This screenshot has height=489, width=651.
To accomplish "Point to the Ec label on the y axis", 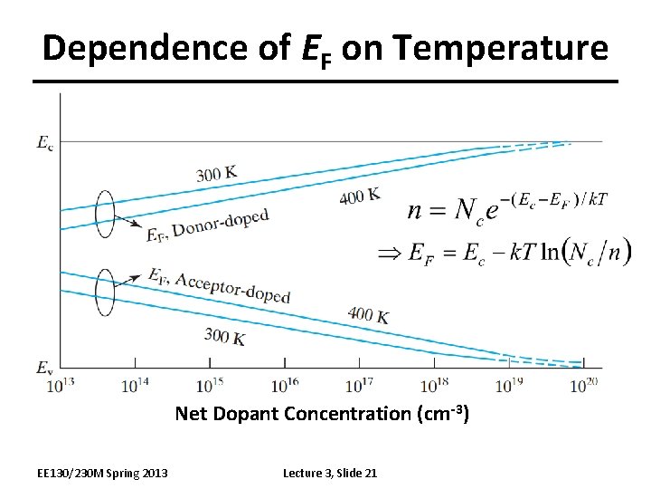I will click(44, 141).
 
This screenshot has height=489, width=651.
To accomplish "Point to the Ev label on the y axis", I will click(44, 368).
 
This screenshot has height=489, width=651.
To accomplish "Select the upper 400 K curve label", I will click(359, 196).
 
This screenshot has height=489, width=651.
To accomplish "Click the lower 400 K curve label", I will click(368, 315).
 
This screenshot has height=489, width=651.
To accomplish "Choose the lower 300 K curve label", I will click(224, 337).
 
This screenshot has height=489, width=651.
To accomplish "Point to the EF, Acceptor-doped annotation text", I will click(218, 283).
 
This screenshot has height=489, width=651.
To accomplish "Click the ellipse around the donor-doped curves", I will click(106, 215).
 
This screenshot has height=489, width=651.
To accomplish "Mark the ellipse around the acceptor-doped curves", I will click(106, 292).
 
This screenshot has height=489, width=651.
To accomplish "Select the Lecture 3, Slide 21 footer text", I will click(330, 473).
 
